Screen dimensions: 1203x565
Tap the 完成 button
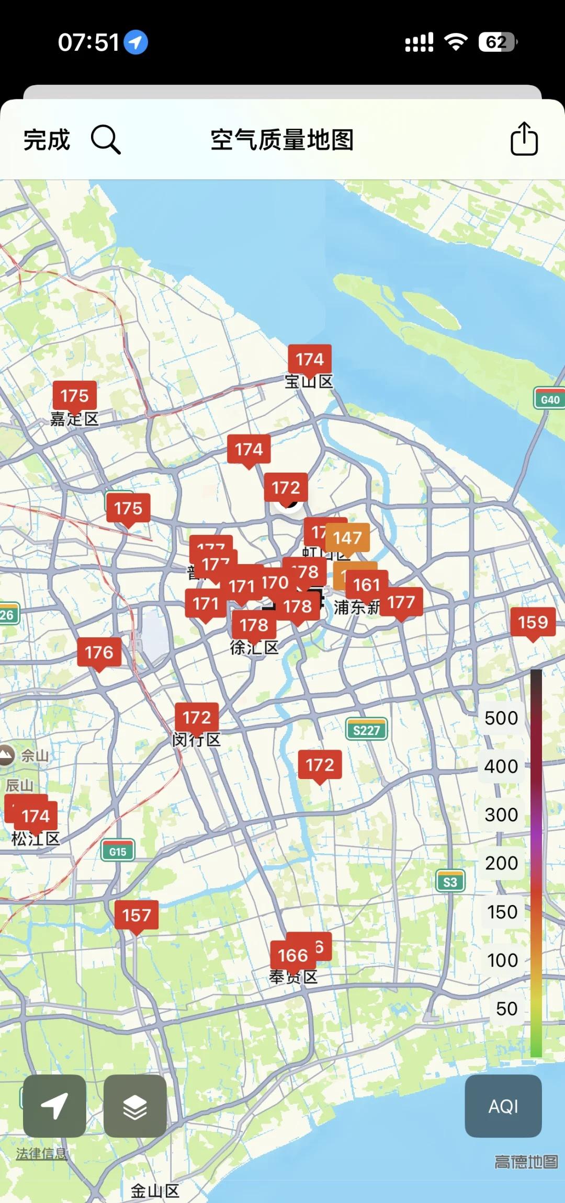tap(47, 140)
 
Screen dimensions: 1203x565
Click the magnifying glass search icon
tap(106, 140)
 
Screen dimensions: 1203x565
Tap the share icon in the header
tap(524, 139)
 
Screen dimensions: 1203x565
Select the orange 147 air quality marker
tap(348, 538)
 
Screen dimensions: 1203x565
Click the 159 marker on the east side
tap(533, 622)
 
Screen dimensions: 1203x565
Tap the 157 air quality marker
tap(137, 915)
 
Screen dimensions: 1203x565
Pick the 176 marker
tap(99, 652)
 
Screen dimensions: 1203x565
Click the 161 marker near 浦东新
tap(367, 585)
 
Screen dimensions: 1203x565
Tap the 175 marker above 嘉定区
tap(74, 396)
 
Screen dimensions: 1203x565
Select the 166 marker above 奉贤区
tap(293, 956)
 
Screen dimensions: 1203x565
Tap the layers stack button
tap(135, 1106)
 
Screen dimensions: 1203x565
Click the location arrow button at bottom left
tap(54, 1106)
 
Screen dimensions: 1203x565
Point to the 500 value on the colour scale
tap(501, 718)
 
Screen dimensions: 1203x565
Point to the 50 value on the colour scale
tap(506, 1009)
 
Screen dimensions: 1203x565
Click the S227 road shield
tap(367, 730)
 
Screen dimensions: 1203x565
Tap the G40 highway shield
tap(549, 399)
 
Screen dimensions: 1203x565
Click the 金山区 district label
tap(155, 1191)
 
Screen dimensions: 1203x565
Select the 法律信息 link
tap(42, 1153)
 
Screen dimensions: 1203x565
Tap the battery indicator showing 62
tap(498, 42)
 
